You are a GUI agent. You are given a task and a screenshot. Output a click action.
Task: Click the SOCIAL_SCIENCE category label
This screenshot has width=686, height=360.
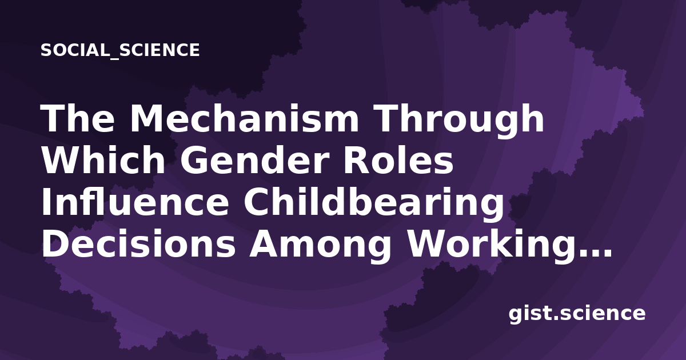click(x=120, y=50)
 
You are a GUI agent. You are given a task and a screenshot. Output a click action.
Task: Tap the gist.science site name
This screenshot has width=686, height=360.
click(x=577, y=314)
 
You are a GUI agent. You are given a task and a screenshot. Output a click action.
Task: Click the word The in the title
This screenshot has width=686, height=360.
click(x=78, y=118)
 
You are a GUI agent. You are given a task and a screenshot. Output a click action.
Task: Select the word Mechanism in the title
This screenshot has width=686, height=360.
click(x=245, y=118)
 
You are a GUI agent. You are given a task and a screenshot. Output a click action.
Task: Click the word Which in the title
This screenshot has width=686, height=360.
click(x=103, y=160)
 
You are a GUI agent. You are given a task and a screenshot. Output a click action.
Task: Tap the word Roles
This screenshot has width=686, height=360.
click(x=398, y=160)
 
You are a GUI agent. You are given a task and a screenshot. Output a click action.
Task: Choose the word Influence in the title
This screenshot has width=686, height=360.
click(x=135, y=202)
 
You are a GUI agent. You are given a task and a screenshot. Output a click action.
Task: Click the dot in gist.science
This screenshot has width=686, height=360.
click(x=555, y=318)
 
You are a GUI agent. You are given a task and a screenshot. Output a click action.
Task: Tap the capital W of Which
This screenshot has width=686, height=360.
click(x=66, y=161)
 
